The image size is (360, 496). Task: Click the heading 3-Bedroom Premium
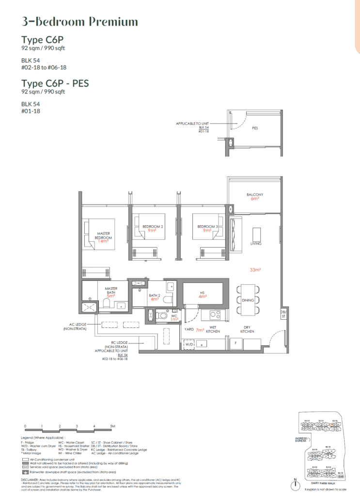(80, 22)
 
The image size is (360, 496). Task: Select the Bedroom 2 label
(152, 227)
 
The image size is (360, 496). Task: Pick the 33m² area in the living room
(255, 269)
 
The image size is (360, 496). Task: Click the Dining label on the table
(248, 300)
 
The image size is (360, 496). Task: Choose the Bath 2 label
(154, 295)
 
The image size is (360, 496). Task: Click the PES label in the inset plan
(254, 129)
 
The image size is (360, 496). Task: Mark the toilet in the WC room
(163, 316)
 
